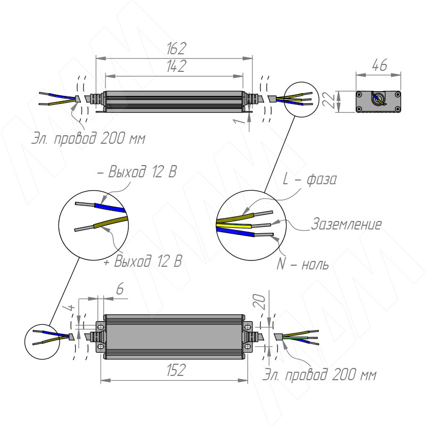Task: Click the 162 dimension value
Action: pos(176,48)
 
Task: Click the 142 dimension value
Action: pos(176,66)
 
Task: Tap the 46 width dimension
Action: pos(379,65)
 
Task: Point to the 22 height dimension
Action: pos(329,101)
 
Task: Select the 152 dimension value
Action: pos(176,370)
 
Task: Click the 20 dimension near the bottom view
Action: pos(259,301)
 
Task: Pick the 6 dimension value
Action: pos(120,289)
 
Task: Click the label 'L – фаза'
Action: pos(309,179)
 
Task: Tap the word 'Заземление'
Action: pos(346,224)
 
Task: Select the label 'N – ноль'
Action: pos(302,264)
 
